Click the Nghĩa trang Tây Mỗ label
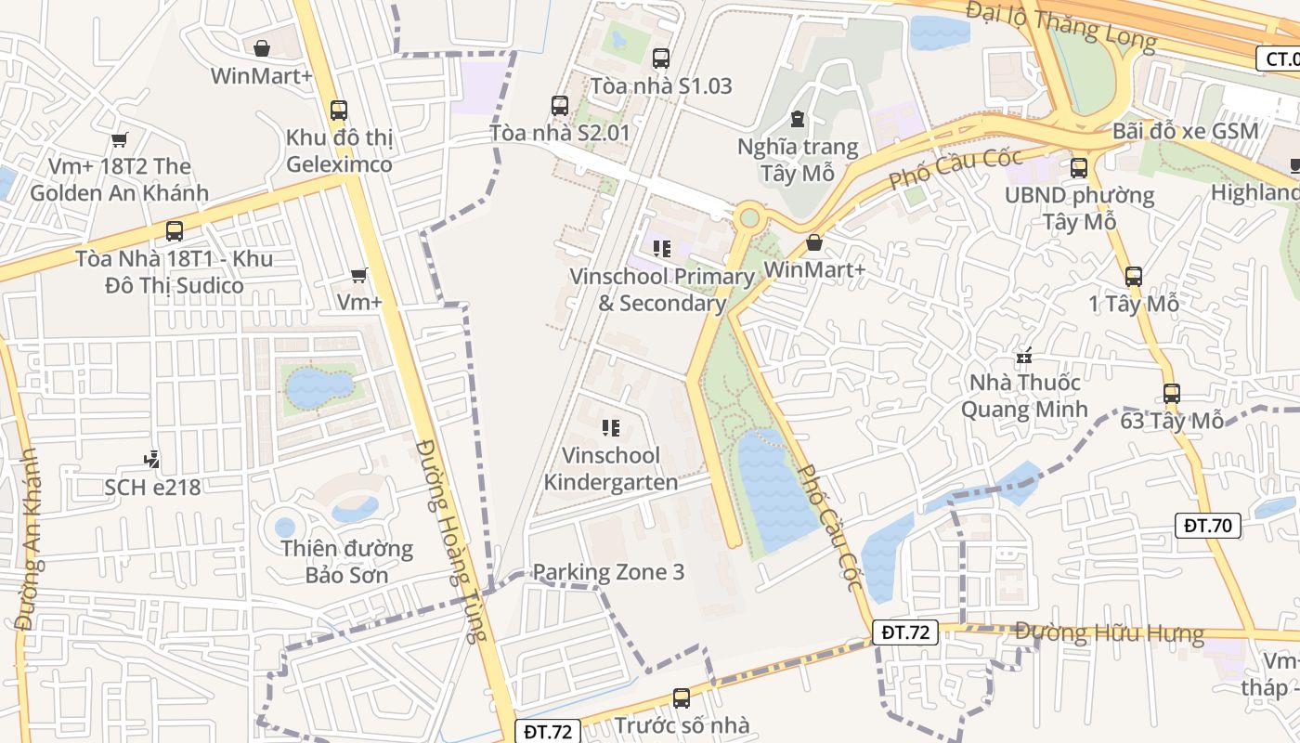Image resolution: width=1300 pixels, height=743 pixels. click(x=798, y=160)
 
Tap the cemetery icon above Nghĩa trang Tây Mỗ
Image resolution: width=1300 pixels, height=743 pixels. click(x=797, y=119)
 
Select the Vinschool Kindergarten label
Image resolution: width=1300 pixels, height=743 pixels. click(x=610, y=469)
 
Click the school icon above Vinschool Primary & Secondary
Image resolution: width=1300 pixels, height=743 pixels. click(x=661, y=248)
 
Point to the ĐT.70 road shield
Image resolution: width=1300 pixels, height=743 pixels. click(x=1207, y=526)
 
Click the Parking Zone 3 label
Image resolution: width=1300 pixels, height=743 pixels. click(x=608, y=572)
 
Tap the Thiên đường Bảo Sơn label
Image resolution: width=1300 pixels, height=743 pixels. click(x=347, y=561)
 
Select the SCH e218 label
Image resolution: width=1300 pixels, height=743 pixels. click(x=152, y=487)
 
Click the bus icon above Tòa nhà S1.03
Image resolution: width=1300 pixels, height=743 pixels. click(x=661, y=59)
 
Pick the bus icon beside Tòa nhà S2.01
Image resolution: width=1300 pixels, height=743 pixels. click(x=559, y=106)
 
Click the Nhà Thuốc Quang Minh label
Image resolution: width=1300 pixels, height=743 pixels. click(x=1024, y=396)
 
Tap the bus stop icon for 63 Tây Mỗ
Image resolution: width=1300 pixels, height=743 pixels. click(x=1171, y=394)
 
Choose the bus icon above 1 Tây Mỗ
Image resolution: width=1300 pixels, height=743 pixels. click(x=1133, y=276)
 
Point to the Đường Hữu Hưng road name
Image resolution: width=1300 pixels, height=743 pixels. click(x=1109, y=633)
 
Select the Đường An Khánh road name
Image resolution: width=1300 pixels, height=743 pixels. click(x=29, y=539)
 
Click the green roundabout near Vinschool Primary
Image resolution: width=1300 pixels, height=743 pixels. click(x=748, y=219)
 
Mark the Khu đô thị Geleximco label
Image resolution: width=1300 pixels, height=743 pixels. click(x=339, y=150)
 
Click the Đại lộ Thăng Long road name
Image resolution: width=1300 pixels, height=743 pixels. click(x=1059, y=25)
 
